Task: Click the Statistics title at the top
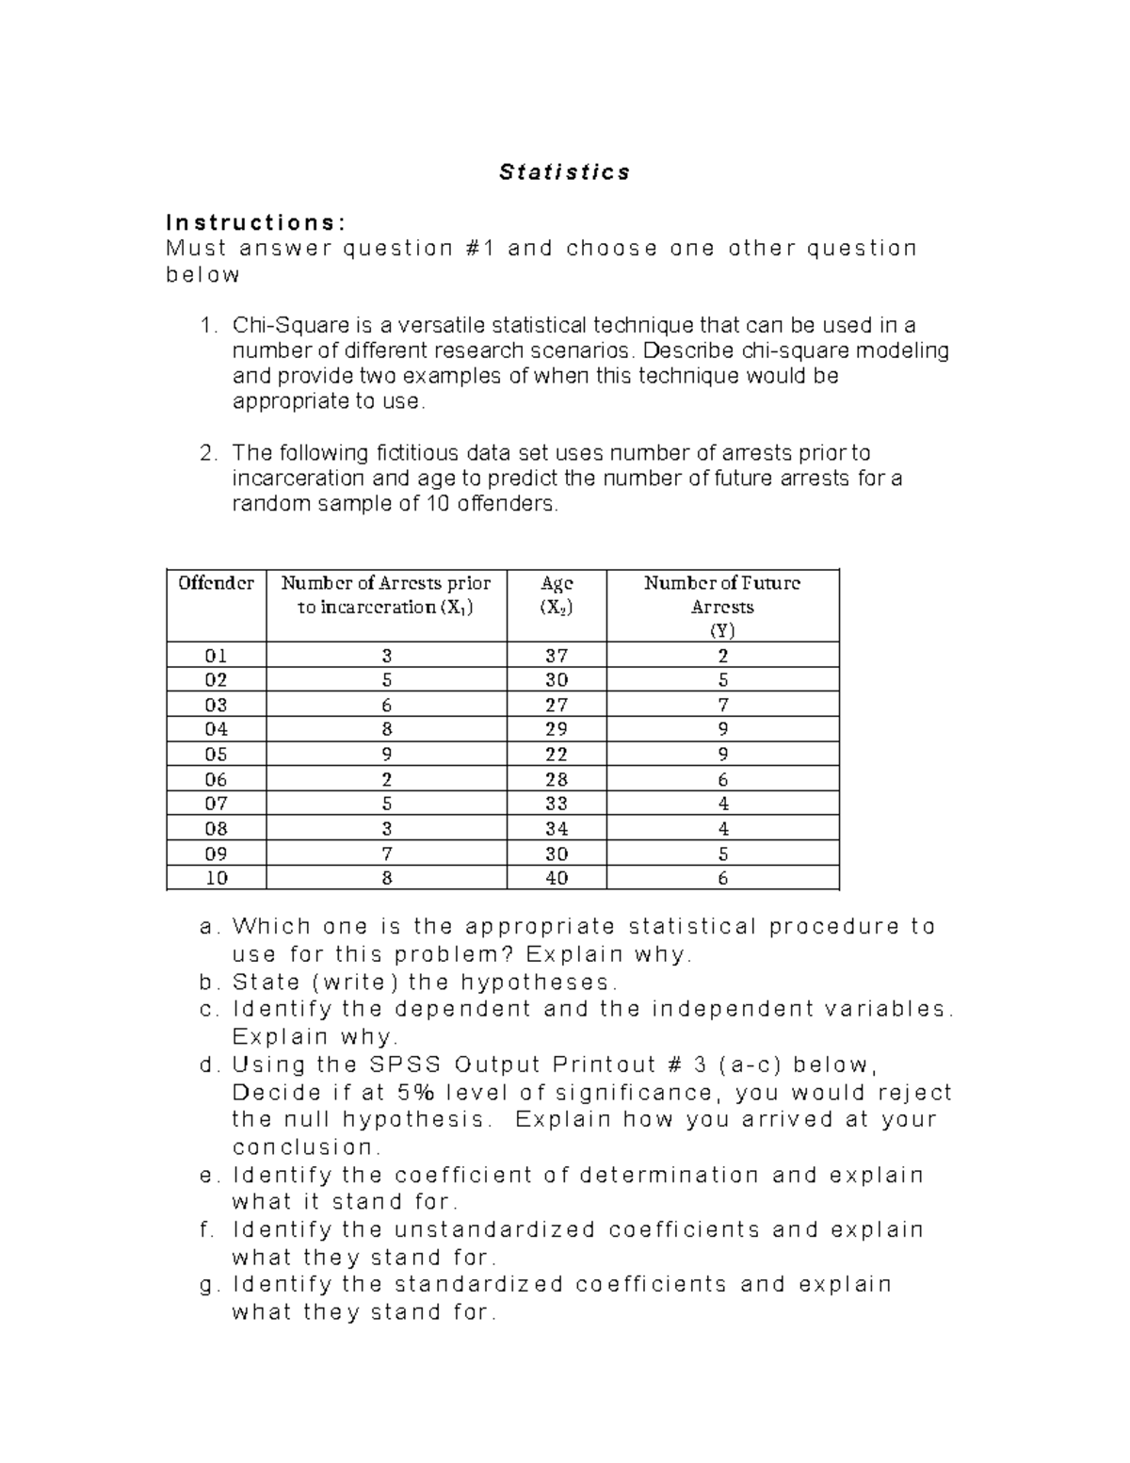coord(564,172)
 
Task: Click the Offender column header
coord(216,583)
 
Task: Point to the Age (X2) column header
coord(557,594)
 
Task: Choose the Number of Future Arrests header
coord(722,606)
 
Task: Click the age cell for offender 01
coord(557,656)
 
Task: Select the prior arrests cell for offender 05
coord(386,755)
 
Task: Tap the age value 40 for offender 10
coord(557,878)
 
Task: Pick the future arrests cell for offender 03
coord(722,705)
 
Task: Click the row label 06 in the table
coord(216,779)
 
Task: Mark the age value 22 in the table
coord(557,755)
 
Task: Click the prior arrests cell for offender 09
coord(386,853)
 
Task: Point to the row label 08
coord(216,829)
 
